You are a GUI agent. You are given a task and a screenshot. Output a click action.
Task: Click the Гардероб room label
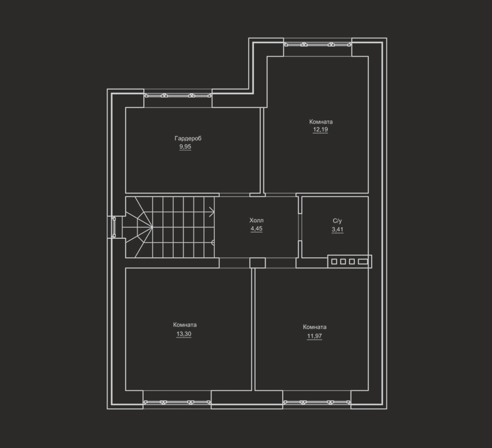coord(188,138)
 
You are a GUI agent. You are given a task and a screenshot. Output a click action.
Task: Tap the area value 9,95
coord(185,147)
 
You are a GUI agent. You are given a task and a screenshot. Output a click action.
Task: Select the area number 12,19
coord(320,129)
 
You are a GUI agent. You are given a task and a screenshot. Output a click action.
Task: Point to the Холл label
coord(256,220)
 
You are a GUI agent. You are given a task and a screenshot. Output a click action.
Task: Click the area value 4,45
coord(256,228)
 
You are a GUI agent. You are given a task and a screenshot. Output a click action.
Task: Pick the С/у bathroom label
coord(337,221)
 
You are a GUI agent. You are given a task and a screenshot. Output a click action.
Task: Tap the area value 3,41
coord(337,229)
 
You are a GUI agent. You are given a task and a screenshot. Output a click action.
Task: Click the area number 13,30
coord(184,334)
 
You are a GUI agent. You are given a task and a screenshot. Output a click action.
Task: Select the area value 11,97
coord(314,336)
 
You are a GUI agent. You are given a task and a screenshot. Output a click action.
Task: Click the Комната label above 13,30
coord(185,325)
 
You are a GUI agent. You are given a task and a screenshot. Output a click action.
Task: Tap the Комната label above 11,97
coord(315,327)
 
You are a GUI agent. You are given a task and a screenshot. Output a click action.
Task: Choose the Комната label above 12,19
coord(321,122)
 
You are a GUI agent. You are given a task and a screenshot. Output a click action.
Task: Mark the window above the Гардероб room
coord(178,96)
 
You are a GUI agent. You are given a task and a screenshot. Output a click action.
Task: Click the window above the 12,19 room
coord(318,44)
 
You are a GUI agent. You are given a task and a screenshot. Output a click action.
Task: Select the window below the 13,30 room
coord(177,402)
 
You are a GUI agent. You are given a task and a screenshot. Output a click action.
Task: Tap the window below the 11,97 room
coord(317,402)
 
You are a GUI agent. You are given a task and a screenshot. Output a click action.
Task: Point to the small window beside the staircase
coord(114,227)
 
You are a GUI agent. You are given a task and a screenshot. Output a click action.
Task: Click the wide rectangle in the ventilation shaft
coord(363,262)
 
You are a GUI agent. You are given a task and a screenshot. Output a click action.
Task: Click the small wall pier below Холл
coord(257,263)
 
